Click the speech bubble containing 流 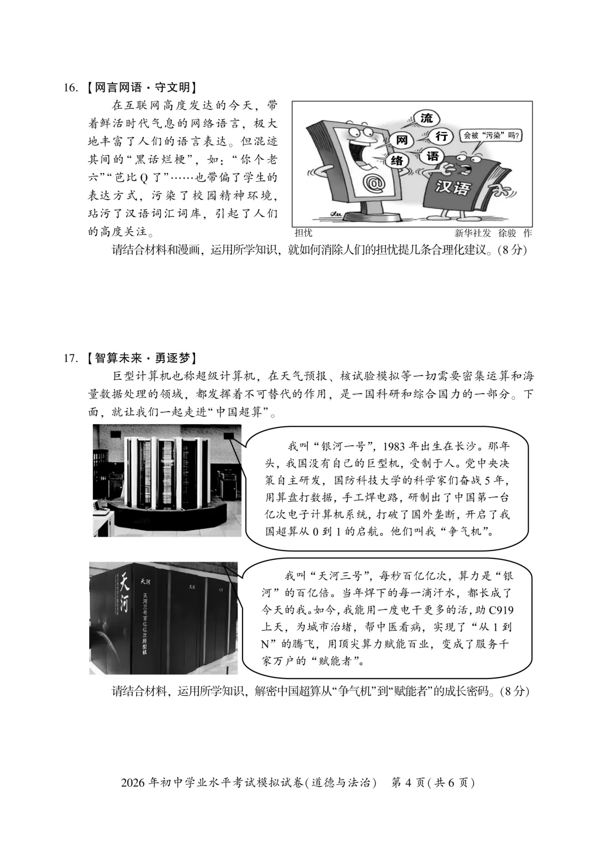pos(426,118)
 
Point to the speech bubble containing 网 pos(402,140)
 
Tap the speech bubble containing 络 pos(398,160)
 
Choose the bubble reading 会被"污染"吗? pos(492,135)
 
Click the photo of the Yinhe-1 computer pos(167,480)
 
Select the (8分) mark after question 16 pos(512,249)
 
